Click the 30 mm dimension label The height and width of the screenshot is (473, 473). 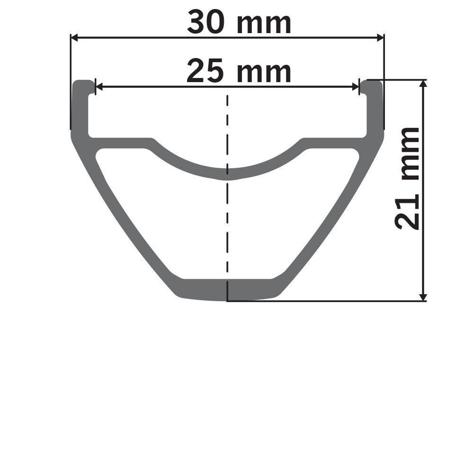click(239, 23)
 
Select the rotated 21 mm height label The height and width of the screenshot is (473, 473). click(408, 178)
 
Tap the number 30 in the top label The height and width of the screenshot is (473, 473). click(206, 23)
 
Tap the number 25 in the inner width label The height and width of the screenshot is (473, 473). click(205, 72)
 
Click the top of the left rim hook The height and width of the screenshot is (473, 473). click(83, 83)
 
